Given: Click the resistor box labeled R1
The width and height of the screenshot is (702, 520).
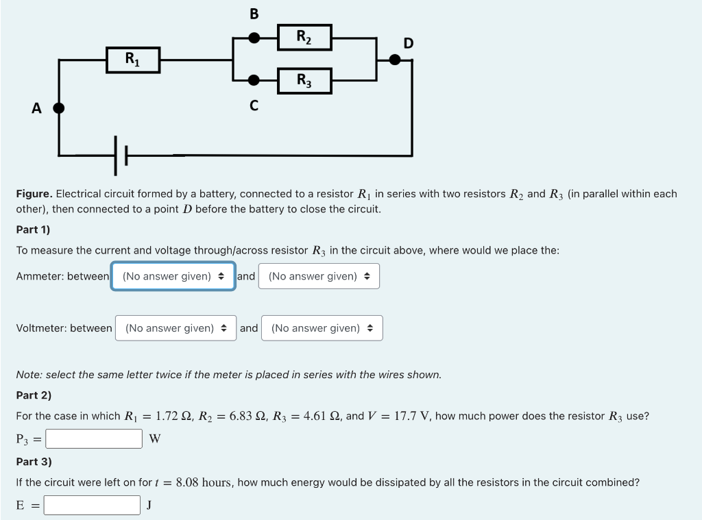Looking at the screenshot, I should tap(133, 60).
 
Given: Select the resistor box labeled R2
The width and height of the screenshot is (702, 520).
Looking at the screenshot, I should tap(304, 37).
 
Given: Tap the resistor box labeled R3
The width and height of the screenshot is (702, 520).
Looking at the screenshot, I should tap(304, 80).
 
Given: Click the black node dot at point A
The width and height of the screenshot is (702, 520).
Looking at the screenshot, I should tap(59, 108).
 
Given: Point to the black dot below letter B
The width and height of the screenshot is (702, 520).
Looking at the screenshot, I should tap(254, 38).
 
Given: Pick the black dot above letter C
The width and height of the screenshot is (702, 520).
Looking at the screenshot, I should tap(254, 80).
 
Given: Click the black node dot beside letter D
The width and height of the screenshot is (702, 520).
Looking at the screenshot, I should tap(395, 60).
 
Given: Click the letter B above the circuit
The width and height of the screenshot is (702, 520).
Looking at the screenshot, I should tap(254, 14).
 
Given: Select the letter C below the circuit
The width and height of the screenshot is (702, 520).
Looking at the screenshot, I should tap(254, 106).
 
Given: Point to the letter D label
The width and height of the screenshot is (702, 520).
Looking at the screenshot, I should tap(409, 44).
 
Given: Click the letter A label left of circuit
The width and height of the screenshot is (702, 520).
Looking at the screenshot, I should tap(36, 108).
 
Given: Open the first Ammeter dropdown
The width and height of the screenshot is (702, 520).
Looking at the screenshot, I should tap(173, 276).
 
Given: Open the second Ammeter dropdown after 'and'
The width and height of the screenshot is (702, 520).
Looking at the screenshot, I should tap(319, 276).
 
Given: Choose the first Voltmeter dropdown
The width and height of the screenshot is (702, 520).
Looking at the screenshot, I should tap(175, 328).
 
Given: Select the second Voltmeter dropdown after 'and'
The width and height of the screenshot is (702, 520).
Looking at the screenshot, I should tap(322, 328).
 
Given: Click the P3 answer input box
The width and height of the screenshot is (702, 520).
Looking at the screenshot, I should tap(94, 438).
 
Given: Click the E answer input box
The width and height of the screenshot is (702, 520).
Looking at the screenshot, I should tap(93, 505).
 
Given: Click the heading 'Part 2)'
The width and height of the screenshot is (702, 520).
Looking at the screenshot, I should tap(34, 395).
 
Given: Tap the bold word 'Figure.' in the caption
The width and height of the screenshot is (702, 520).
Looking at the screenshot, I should tap(34, 194).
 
